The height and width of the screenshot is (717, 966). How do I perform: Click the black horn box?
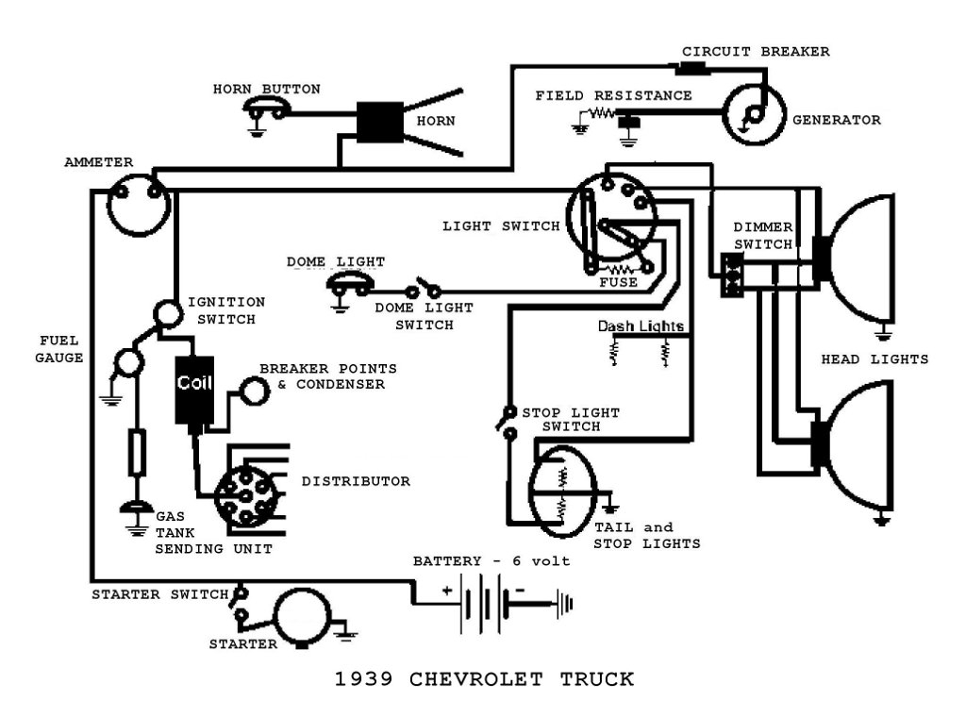[x=380, y=122]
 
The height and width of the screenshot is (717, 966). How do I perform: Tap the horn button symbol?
[x=266, y=112]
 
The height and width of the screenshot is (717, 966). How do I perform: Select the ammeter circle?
[x=139, y=205]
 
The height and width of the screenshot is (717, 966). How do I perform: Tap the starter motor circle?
[x=304, y=618]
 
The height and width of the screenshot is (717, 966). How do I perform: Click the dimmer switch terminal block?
[x=732, y=275]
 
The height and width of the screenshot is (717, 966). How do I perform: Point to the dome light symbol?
[x=349, y=282]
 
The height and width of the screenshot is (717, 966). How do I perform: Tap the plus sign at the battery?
[x=445, y=592]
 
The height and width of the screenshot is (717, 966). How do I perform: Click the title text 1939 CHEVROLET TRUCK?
[x=484, y=678]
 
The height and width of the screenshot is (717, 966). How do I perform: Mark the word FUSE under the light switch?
[x=618, y=282]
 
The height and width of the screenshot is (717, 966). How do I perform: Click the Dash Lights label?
[x=641, y=326]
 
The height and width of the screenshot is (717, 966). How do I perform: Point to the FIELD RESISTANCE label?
[x=613, y=95]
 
